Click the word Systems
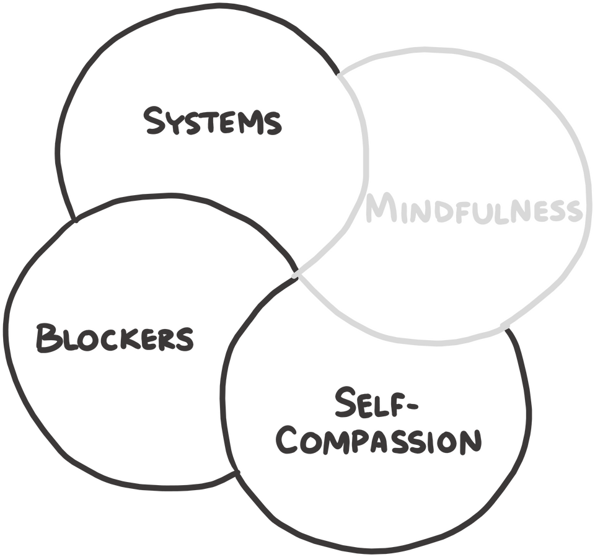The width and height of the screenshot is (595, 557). click(213, 121)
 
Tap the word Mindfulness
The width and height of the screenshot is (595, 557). click(474, 209)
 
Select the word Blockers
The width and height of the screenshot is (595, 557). click(114, 338)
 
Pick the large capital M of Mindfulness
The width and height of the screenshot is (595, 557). click(379, 208)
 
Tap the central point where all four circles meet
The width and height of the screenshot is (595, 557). click(295, 273)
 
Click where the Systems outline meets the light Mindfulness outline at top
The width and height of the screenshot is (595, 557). click(338, 74)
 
